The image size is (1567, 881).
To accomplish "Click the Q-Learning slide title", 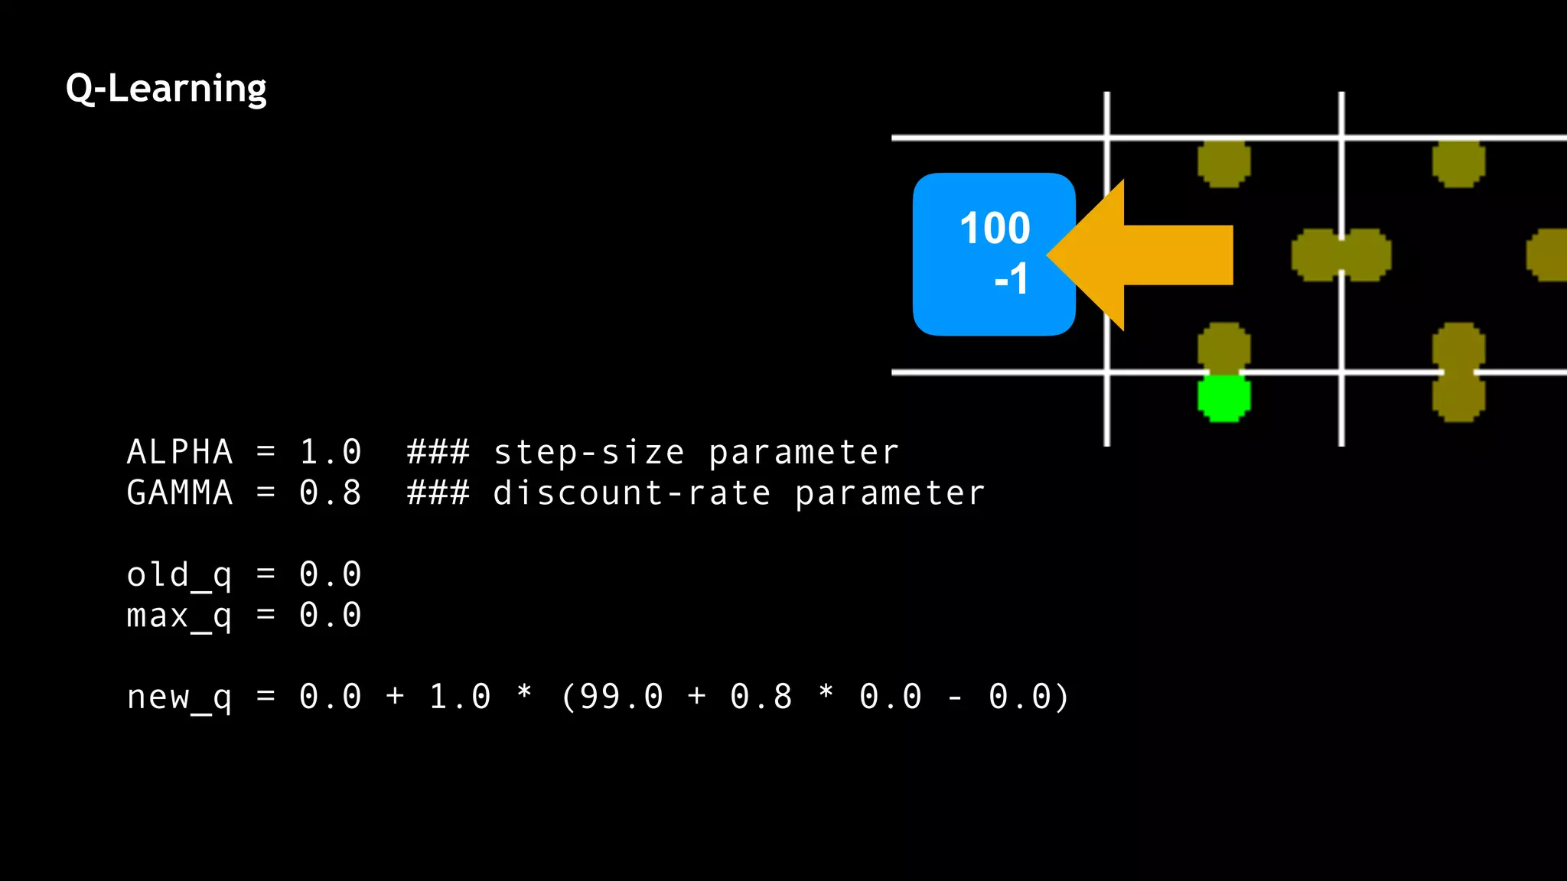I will point(166,89).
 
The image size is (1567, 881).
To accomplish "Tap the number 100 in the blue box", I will point(995,228).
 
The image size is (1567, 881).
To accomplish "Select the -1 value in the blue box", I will point(1011,279).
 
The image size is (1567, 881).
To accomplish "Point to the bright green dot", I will point(1223,398).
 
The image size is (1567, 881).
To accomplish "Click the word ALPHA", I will point(180,452).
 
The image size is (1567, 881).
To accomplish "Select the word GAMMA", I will point(180,493).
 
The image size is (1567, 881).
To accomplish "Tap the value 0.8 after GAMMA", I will point(331,493).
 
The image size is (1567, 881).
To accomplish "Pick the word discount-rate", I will point(632,493).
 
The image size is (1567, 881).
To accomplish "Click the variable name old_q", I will point(180,575).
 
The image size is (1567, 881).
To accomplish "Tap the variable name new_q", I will point(180,697).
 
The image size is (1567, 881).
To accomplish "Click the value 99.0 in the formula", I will point(621,697).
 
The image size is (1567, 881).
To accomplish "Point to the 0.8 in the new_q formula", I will point(761,697).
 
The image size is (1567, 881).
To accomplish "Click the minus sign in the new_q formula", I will point(955,697).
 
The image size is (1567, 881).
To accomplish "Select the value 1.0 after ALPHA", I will point(331,452).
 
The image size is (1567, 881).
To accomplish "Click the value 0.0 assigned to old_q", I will point(331,574).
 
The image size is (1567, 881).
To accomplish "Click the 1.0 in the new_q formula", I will point(460,697).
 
